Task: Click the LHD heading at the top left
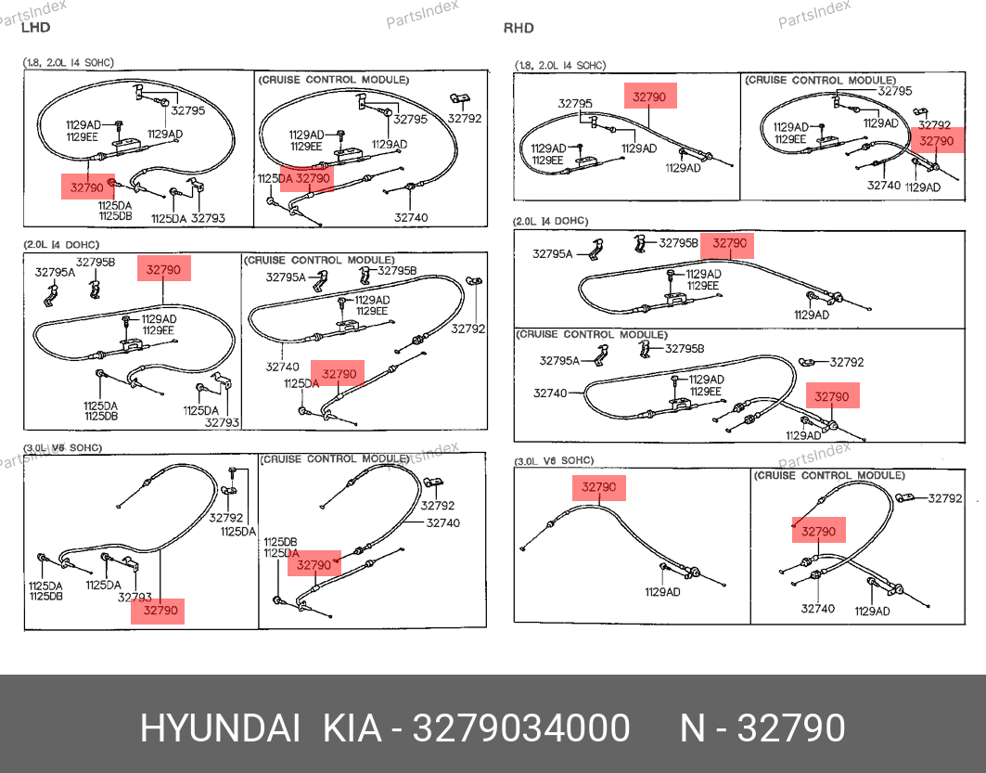[x=35, y=28]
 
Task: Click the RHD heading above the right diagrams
[x=519, y=28]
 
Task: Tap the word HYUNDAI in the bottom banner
[x=219, y=728]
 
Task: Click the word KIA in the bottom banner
[x=352, y=728]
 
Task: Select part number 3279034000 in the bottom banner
[x=521, y=728]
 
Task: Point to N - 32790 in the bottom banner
[x=762, y=728]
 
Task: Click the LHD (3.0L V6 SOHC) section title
[x=63, y=447]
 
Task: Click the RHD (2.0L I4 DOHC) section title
[x=551, y=222]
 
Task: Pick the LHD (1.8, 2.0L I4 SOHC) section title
[x=69, y=63]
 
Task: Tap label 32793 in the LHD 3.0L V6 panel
[x=134, y=598]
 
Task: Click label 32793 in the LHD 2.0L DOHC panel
[x=222, y=422]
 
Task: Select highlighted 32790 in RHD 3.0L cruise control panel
[x=818, y=532]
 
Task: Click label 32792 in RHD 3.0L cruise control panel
[x=945, y=498]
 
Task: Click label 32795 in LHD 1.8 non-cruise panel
[x=188, y=110]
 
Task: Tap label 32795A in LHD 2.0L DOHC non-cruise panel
[x=55, y=272]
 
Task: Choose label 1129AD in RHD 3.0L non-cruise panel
[x=662, y=591]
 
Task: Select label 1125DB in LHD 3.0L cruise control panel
[x=280, y=542]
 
